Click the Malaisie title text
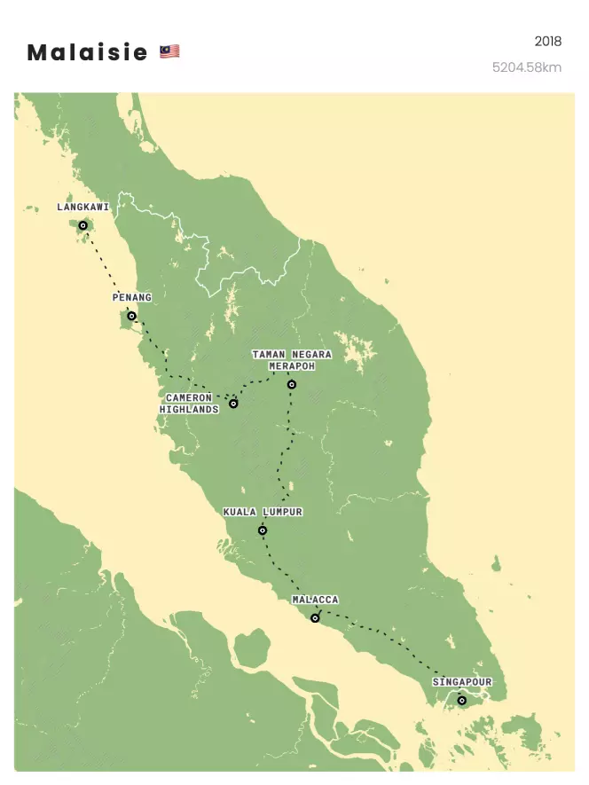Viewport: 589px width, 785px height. pos(87,53)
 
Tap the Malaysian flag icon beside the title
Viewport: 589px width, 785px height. pos(169,52)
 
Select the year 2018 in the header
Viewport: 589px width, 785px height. pos(547,42)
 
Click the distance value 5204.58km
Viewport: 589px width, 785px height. pos(527,67)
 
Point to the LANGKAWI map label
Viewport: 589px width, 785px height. pos(82,208)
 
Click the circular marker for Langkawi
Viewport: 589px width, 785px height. pos(83,225)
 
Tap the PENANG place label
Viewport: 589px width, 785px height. pos(131,297)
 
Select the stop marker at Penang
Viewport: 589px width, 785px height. pos(131,316)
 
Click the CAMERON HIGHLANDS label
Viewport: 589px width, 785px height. pos(189,404)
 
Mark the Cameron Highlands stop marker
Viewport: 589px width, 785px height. pos(233,404)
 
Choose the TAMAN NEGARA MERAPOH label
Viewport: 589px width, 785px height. pos(292,360)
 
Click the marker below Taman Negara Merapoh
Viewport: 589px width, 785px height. pos(291,385)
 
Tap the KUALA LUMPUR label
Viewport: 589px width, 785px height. pos(263,513)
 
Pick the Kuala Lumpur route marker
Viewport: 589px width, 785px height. pos(263,530)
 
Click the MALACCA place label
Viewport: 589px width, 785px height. pos(315,601)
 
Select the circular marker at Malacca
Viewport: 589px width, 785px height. pos(315,618)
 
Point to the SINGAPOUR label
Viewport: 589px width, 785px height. pos(461,682)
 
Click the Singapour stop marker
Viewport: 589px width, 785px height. pos(461,701)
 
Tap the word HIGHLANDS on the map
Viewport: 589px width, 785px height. pos(189,410)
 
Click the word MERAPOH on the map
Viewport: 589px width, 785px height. pos(292,365)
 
